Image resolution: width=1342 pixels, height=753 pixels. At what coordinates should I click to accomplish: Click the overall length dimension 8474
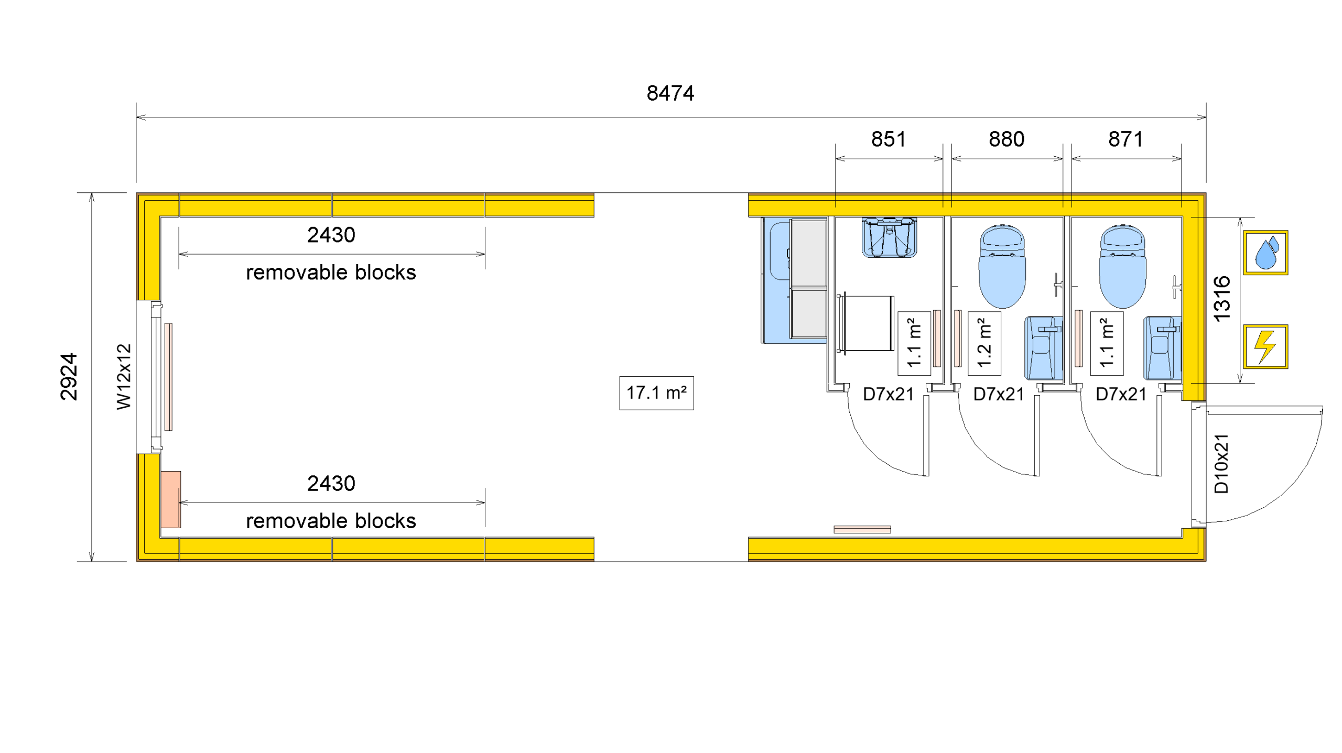tap(670, 93)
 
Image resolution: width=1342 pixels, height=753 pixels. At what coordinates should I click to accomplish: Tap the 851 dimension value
tap(888, 139)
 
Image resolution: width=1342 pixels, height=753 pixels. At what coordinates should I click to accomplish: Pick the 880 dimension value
tap(1006, 139)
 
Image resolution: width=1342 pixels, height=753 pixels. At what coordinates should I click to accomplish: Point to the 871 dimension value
tap(1125, 139)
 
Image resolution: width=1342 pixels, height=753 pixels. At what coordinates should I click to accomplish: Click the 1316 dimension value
tap(1221, 299)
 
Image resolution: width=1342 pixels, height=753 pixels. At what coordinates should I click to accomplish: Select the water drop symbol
tap(1265, 253)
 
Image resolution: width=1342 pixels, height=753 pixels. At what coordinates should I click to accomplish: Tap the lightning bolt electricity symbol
tap(1265, 346)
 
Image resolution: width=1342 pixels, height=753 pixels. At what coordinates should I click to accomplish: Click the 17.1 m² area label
tap(656, 392)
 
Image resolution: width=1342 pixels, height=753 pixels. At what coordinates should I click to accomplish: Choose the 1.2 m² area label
tap(984, 343)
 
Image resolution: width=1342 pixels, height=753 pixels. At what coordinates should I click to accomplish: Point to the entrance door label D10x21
tap(1221, 463)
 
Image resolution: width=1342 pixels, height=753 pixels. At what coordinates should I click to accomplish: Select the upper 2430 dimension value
tap(331, 235)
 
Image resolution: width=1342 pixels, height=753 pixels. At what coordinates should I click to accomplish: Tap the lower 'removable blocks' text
tap(331, 521)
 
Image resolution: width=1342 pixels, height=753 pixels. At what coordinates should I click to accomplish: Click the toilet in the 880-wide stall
tap(1002, 266)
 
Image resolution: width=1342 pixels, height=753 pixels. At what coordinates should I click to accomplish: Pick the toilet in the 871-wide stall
tap(1122, 266)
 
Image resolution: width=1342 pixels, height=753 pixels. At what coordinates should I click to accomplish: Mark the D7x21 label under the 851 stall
tap(888, 394)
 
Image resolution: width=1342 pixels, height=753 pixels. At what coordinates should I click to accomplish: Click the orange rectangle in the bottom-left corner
tap(170, 499)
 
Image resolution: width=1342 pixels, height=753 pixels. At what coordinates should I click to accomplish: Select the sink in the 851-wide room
tap(889, 238)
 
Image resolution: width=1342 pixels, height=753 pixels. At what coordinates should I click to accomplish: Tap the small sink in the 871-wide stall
tap(1162, 347)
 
